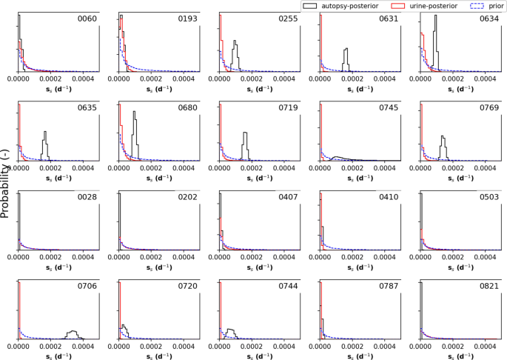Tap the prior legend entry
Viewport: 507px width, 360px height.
click(x=481, y=5)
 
